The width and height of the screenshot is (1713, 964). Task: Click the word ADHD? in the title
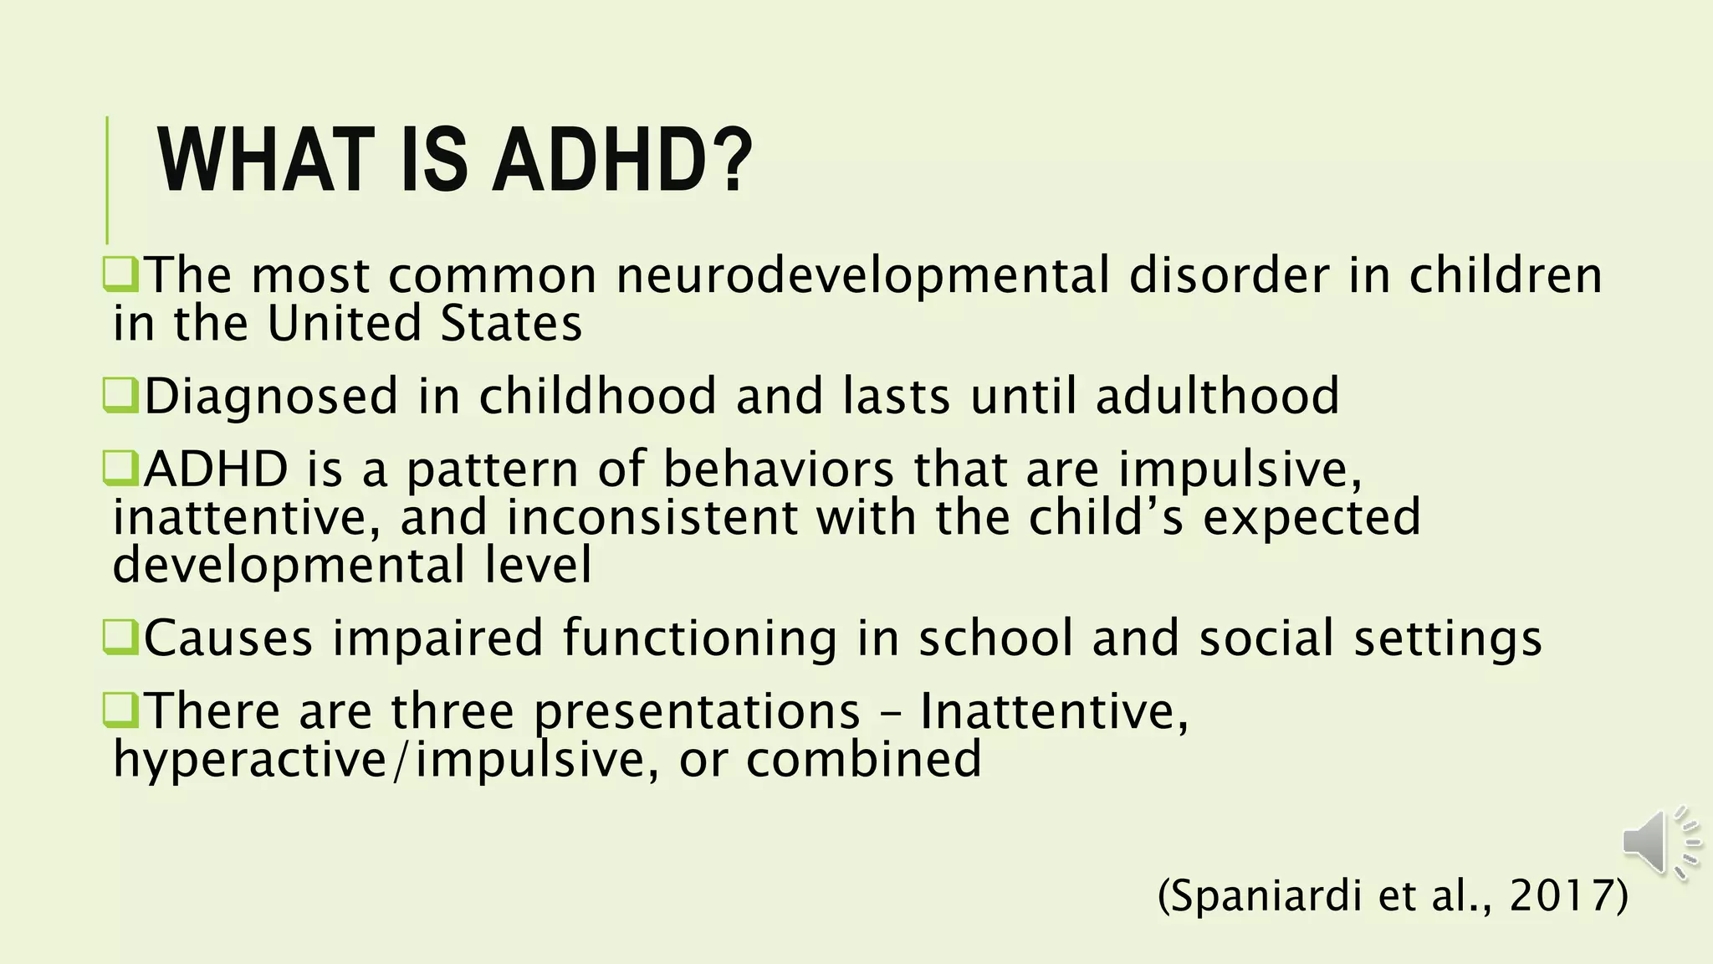click(622, 161)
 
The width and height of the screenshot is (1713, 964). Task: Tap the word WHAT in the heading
click(266, 161)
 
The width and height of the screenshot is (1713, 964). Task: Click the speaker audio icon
click(1660, 843)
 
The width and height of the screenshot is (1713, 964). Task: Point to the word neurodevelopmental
click(862, 276)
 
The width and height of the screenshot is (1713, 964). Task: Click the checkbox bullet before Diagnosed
click(120, 395)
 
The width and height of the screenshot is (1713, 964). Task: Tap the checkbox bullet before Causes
click(120, 637)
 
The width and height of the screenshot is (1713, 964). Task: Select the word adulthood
click(1217, 396)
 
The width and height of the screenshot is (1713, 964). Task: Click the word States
click(510, 325)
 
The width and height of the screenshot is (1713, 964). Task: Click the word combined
click(863, 759)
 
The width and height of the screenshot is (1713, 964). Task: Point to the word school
click(995, 638)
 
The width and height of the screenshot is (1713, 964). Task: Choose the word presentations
click(697, 712)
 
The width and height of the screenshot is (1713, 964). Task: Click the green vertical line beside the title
click(107, 179)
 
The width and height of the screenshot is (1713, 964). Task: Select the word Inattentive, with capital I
click(1054, 711)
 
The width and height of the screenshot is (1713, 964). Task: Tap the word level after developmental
click(539, 566)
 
